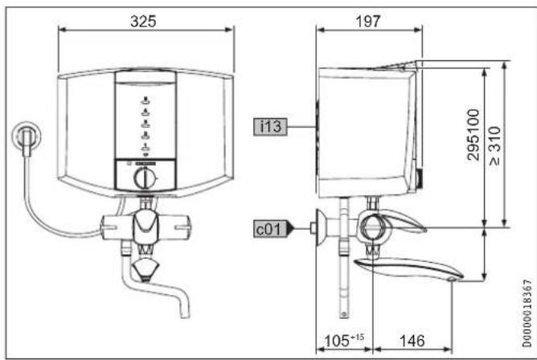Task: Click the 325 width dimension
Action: click(144, 21)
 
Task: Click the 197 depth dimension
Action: click(368, 21)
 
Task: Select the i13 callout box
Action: click(271, 127)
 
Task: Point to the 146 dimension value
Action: click(412, 341)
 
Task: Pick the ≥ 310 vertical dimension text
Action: click(495, 145)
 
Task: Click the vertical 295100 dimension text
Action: click(473, 134)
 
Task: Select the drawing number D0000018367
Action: click(527, 313)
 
